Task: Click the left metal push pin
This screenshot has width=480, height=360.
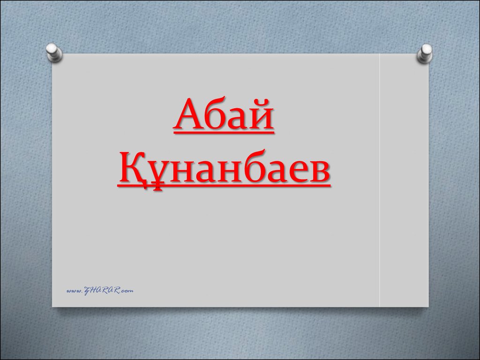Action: point(54,52)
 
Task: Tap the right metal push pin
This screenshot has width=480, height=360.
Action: point(425,53)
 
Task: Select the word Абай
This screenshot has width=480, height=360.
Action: point(224,114)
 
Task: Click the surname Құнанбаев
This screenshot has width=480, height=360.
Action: point(224,168)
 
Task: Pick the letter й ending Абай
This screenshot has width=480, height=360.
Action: point(261,114)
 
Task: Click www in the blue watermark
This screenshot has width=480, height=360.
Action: point(75,291)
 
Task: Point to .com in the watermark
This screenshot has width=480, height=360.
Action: point(127,291)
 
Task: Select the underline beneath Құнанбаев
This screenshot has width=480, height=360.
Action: point(224,185)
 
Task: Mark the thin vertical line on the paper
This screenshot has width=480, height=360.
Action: point(380,180)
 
